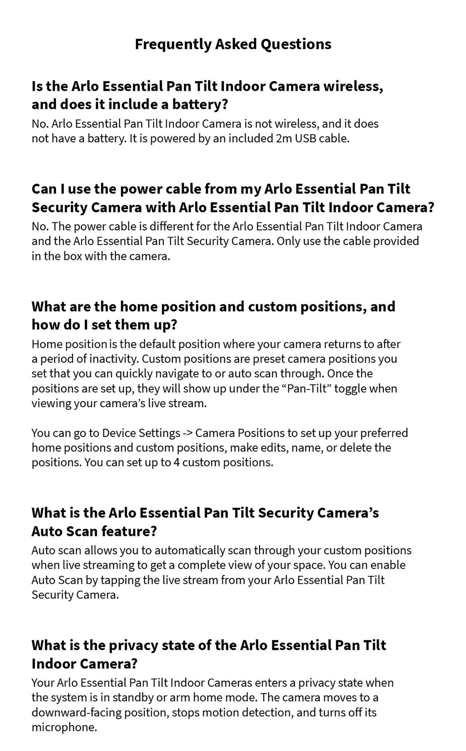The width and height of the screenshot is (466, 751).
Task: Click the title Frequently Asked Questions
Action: [x=233, y=44]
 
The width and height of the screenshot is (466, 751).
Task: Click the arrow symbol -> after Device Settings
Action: [x=188, y=433]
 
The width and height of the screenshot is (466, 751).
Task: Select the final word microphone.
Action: [x=64, y=728]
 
